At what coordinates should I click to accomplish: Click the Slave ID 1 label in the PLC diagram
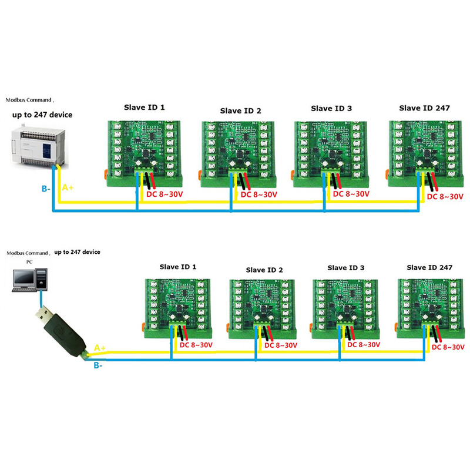click(x=144, y=108)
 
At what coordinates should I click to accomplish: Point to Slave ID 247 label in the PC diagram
click(x=429, y=267)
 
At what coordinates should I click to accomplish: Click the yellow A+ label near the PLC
click(x=68, y=188)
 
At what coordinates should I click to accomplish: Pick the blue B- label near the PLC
click(x=45, y=190)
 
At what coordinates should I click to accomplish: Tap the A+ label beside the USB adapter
click(x=100, y=348)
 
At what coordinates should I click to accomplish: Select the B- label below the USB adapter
click(x=98, y=365)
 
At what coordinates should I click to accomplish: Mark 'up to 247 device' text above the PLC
click(x=45, y=115)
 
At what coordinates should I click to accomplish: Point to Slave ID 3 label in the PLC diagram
click(x=332, y=108)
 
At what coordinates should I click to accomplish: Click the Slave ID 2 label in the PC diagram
click(x=264, y=270)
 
